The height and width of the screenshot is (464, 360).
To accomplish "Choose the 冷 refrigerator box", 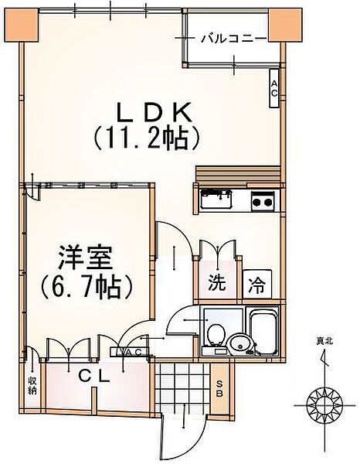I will (256, 284).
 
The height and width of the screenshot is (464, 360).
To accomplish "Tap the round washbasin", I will (239, 343).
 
